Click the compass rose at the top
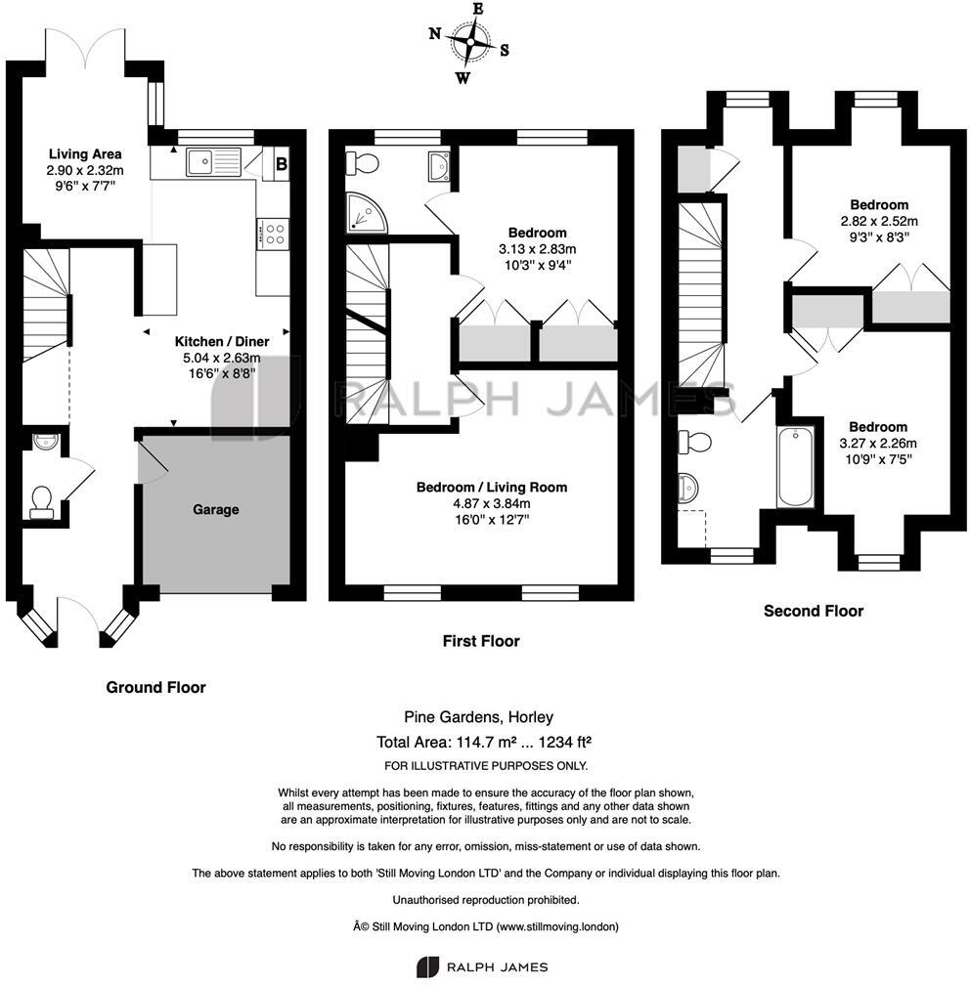[471, 43]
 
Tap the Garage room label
[215, 509]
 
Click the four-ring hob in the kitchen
[274, 234]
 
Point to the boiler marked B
[281, 163]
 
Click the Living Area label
[85, 153]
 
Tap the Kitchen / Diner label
[221, 342]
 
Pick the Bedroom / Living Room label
[492, 487]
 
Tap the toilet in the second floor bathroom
[695, 442]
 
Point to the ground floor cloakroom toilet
[41, 501]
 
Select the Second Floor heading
[814, 611]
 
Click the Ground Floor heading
[155, 687]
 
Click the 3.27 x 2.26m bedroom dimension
[878, 443]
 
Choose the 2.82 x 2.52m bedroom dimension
[879, 221]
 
